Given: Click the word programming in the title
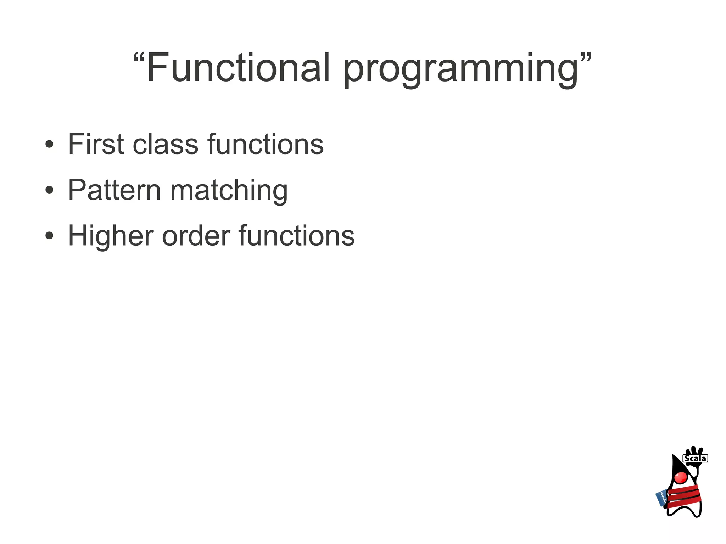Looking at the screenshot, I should pyautogui.click(x=461, y=69).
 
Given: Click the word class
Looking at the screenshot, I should pyautogui.click(x=165, y=145).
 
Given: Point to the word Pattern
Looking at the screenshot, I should pyautogui.click(x=114, y=190).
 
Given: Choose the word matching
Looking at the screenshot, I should pyautogui.click(x=229, y=191).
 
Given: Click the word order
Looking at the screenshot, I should pyautogui.click(x=196, y=236).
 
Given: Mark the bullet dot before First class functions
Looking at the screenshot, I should pyautogui.click(x=49, y=144).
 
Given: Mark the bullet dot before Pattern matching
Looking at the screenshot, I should pyautogui.click(x=49, y=190).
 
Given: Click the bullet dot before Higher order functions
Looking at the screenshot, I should pyautogui.click(x=49, y=236).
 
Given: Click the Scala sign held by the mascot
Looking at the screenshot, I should pyautogui.click(x=695, y=458).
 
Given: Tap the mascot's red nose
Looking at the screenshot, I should pyautogui.click(x=681, y=477).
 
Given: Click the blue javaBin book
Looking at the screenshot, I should pyautogui.click(x=661, y=498).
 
